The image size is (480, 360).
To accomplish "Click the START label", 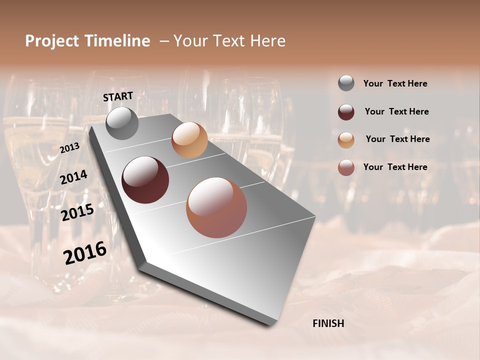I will pos(118,96).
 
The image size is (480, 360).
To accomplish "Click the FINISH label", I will pos(328,323).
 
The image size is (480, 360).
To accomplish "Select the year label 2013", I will pos(69,148).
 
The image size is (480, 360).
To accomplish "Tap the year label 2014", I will pos(74,177).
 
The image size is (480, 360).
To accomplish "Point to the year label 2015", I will pos(77,213).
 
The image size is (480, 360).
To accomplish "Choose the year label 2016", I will pos(85,253).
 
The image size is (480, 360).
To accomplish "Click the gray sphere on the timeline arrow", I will pos(122,123).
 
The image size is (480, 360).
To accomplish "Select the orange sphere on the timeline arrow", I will pos(189,140).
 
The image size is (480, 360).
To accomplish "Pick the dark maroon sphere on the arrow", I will pos(145,180).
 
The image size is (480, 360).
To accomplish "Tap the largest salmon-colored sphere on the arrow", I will pos(216,207).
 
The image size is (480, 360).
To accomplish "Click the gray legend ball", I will pos(346,83).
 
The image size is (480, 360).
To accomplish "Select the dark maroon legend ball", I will pos(346,111).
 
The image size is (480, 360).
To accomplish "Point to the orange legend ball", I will pos(346,139).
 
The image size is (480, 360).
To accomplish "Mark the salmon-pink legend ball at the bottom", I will pos(346,167).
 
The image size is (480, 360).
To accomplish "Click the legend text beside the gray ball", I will pos(395,83).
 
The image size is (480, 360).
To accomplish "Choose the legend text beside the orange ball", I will pos(397,139).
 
